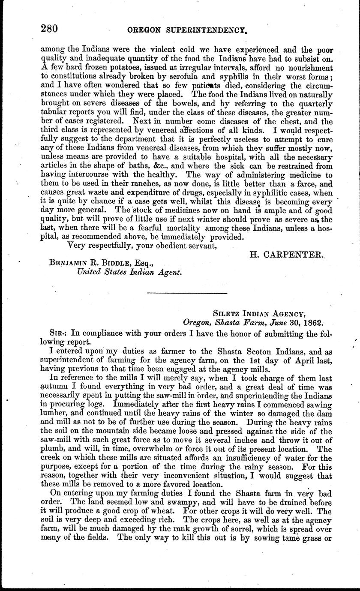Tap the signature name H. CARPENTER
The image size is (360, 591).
pyautogui.click(x=285, y=255)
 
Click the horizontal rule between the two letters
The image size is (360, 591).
pyautogui.click(x=186, y=293)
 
